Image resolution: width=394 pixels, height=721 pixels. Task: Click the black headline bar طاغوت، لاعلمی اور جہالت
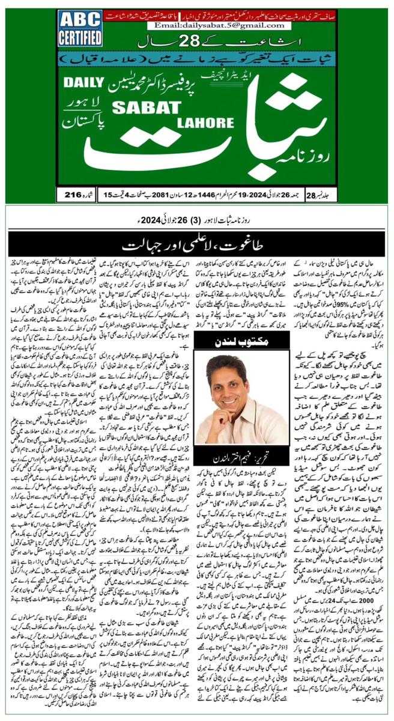(x=197, y=245)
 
